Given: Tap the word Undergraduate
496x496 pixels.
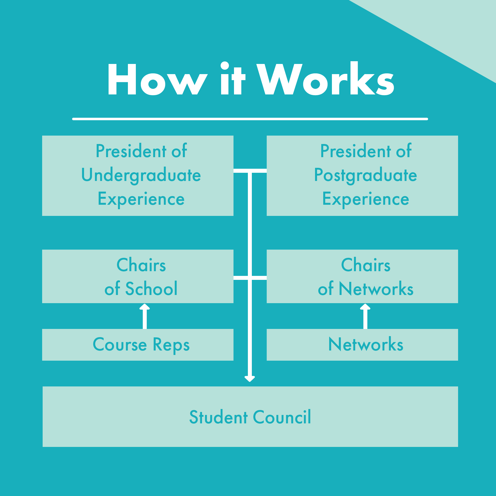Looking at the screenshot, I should (x=141, y=175).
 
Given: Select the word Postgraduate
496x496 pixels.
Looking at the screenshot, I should (x=366, y=175).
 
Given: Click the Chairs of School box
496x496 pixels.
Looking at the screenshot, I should (x=138, y=276).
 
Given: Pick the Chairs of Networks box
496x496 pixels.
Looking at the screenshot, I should (x=362, y=276).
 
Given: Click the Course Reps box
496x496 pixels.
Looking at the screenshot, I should (x=138, y=345).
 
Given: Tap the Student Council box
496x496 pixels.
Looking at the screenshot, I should (x=250, y=417).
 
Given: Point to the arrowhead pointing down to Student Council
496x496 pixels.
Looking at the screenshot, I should (x=250, y=379).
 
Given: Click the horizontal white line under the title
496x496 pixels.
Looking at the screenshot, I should (x=250, y=119).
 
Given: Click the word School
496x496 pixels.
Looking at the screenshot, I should (x=151, y=289).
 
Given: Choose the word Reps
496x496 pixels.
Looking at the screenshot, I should (x=171, y=345).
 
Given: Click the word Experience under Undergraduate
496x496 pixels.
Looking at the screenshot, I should (x=141, y=199).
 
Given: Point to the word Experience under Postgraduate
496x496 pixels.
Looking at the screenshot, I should (x=366, y=199).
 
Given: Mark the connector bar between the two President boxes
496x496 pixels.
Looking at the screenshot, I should (x=250, y=171).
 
